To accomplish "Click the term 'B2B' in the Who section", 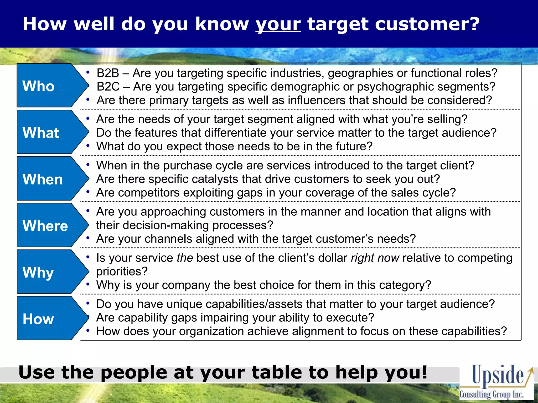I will coord(108,73).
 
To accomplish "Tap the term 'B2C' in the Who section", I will coord(108,87).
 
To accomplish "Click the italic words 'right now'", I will coord(375,258).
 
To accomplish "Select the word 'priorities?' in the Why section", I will coord(122,272).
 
